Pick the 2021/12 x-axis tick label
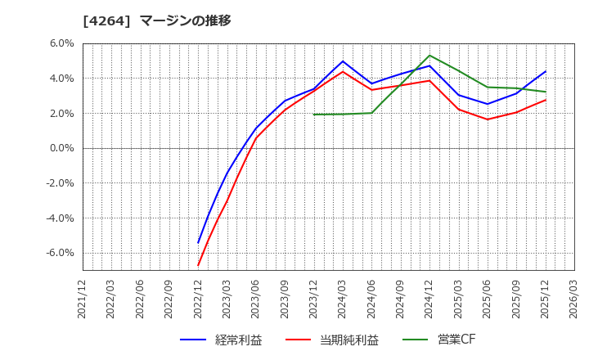(x=83, y=299)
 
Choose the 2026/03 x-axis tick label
(x=574, y=299)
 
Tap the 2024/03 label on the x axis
(x=343, y=299)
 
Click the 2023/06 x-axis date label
(x=256, y=299)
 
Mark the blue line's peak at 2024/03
(x=343, y=61)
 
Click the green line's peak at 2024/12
(x=429, y=56)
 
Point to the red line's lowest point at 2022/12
(x=198, y=265)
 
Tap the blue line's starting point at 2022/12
(x=198, y=243)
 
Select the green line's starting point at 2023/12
(x=314, y=115)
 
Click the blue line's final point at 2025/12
(x=546, y=71)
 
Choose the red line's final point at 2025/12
(x=546, y=100)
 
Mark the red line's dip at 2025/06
(x=488, y=119)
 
